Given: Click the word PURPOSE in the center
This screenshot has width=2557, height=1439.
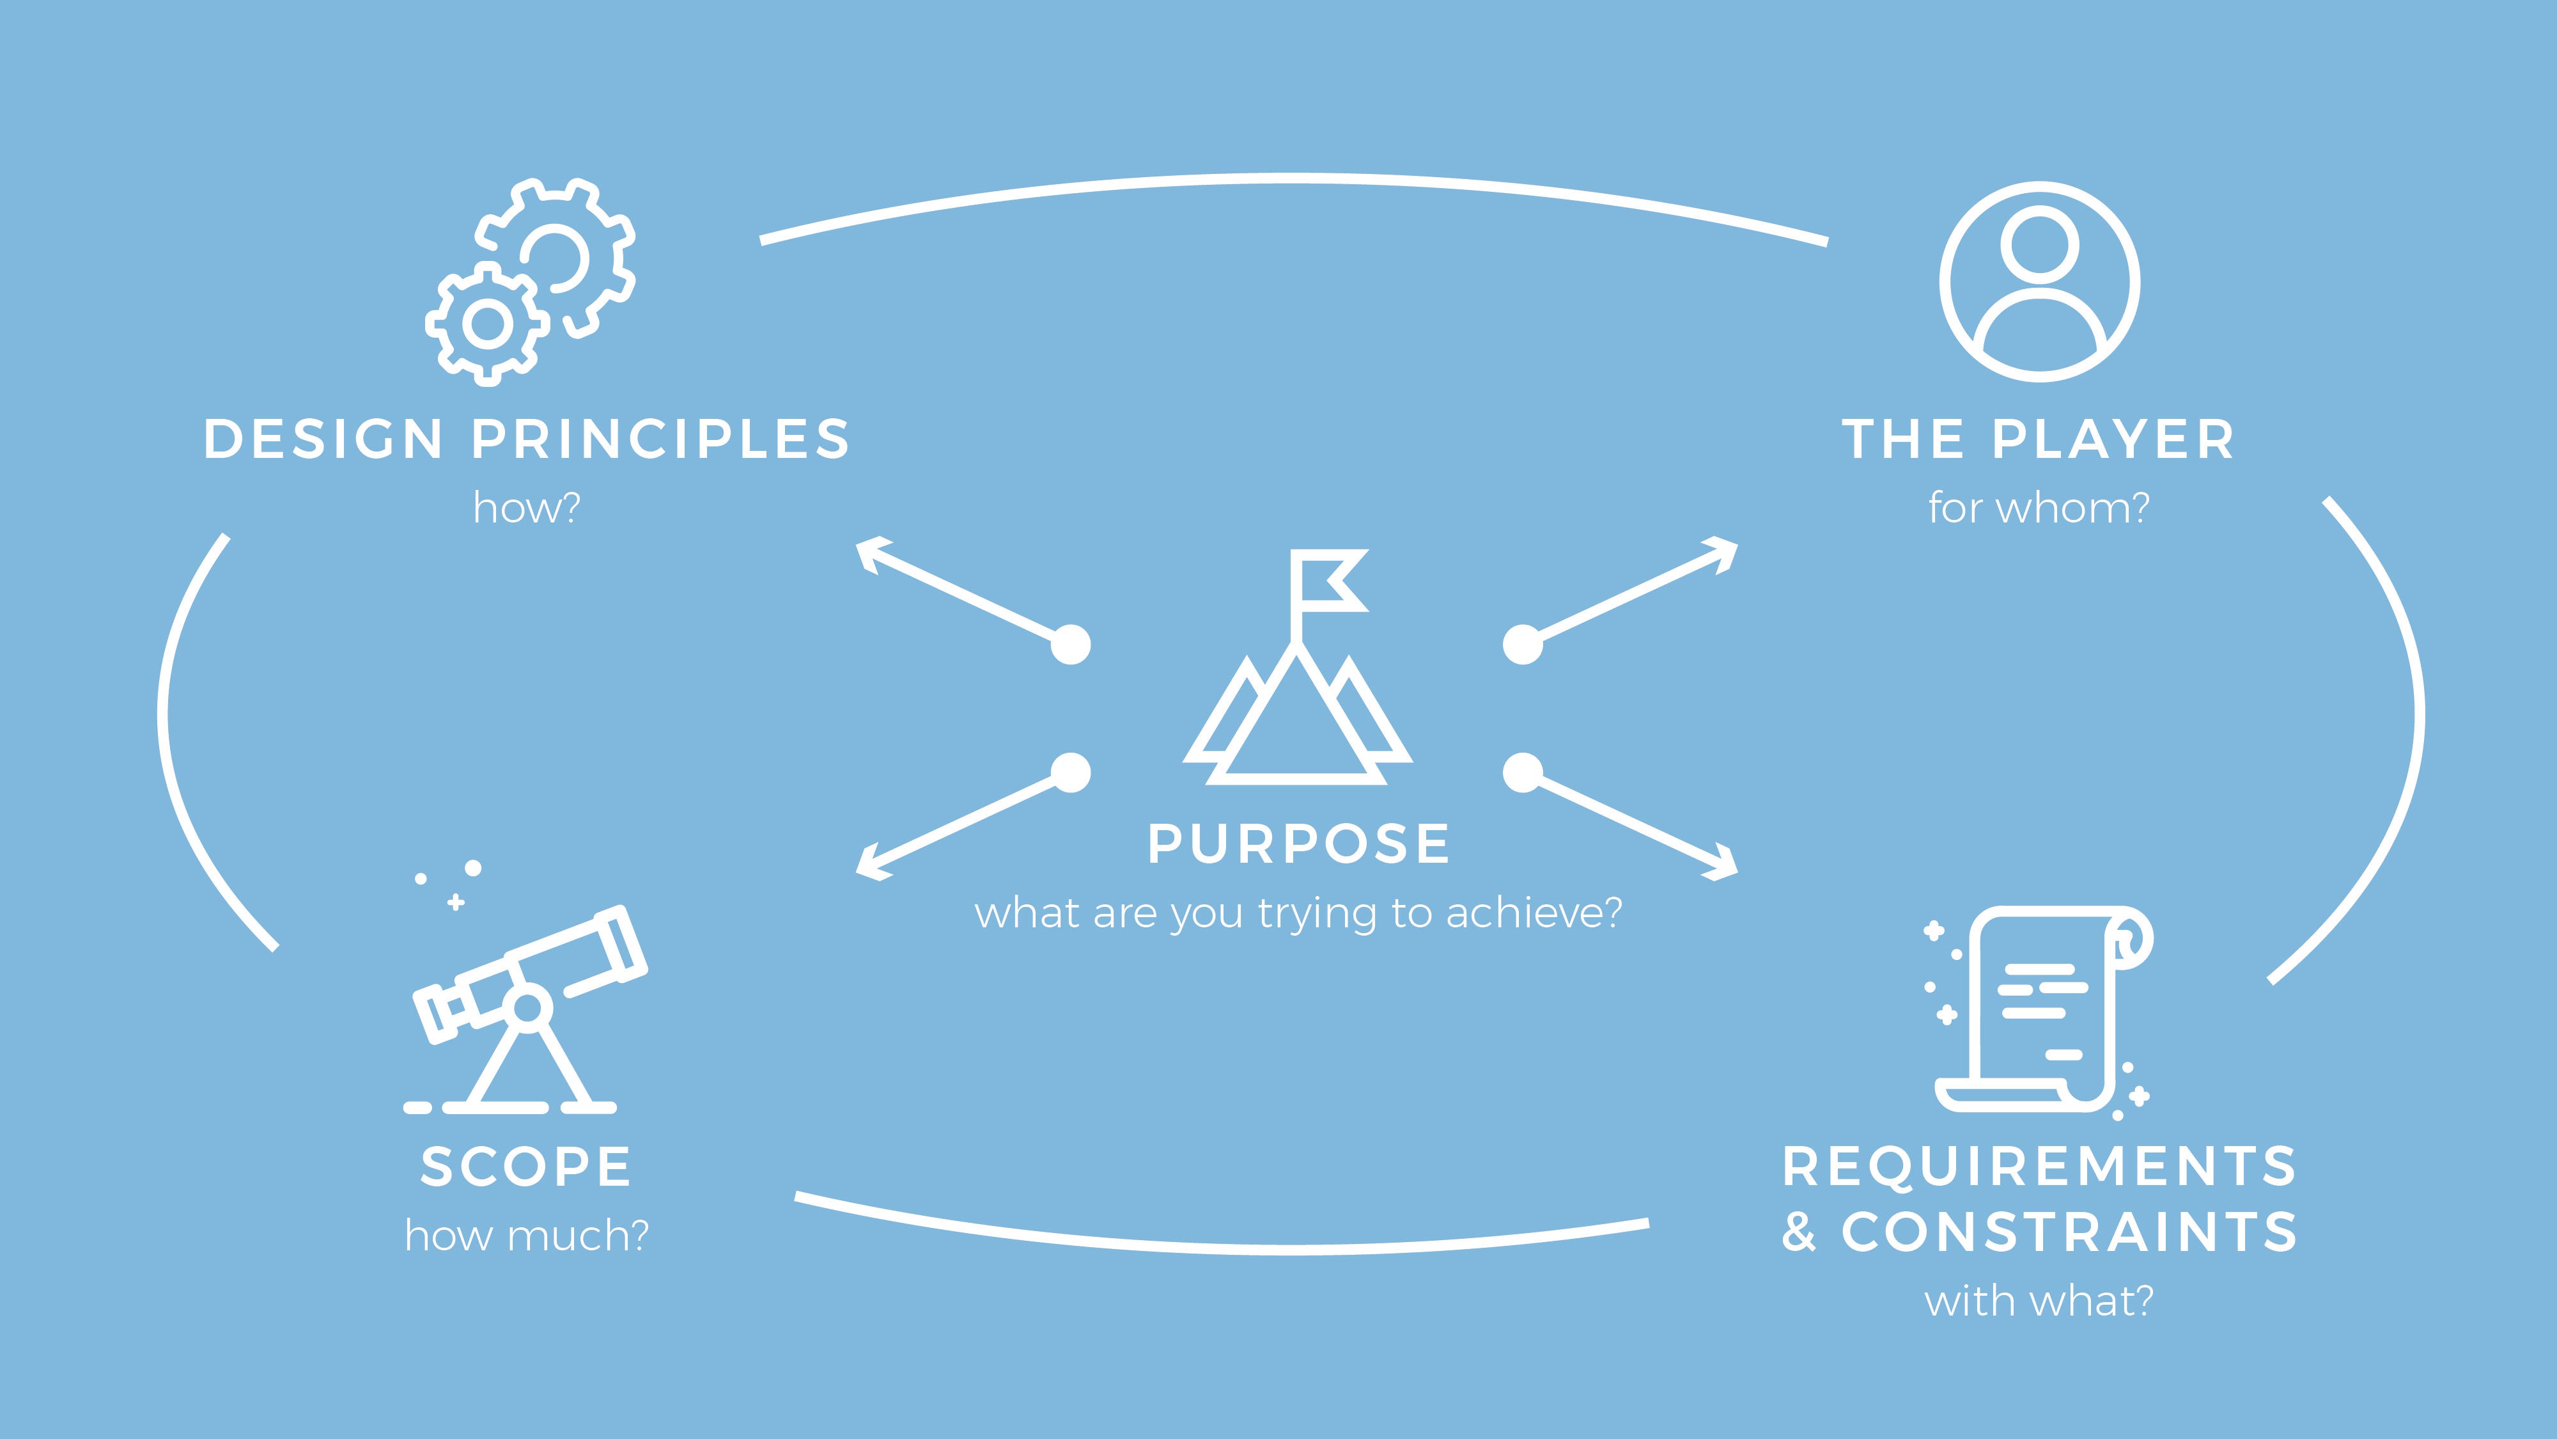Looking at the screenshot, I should pos(1298,844).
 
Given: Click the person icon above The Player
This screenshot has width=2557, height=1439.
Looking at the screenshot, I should pos(2040,281).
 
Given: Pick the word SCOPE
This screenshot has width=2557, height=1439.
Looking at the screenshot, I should pos(526,1167).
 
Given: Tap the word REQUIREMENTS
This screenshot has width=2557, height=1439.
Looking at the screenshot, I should pos(2040,1167).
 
